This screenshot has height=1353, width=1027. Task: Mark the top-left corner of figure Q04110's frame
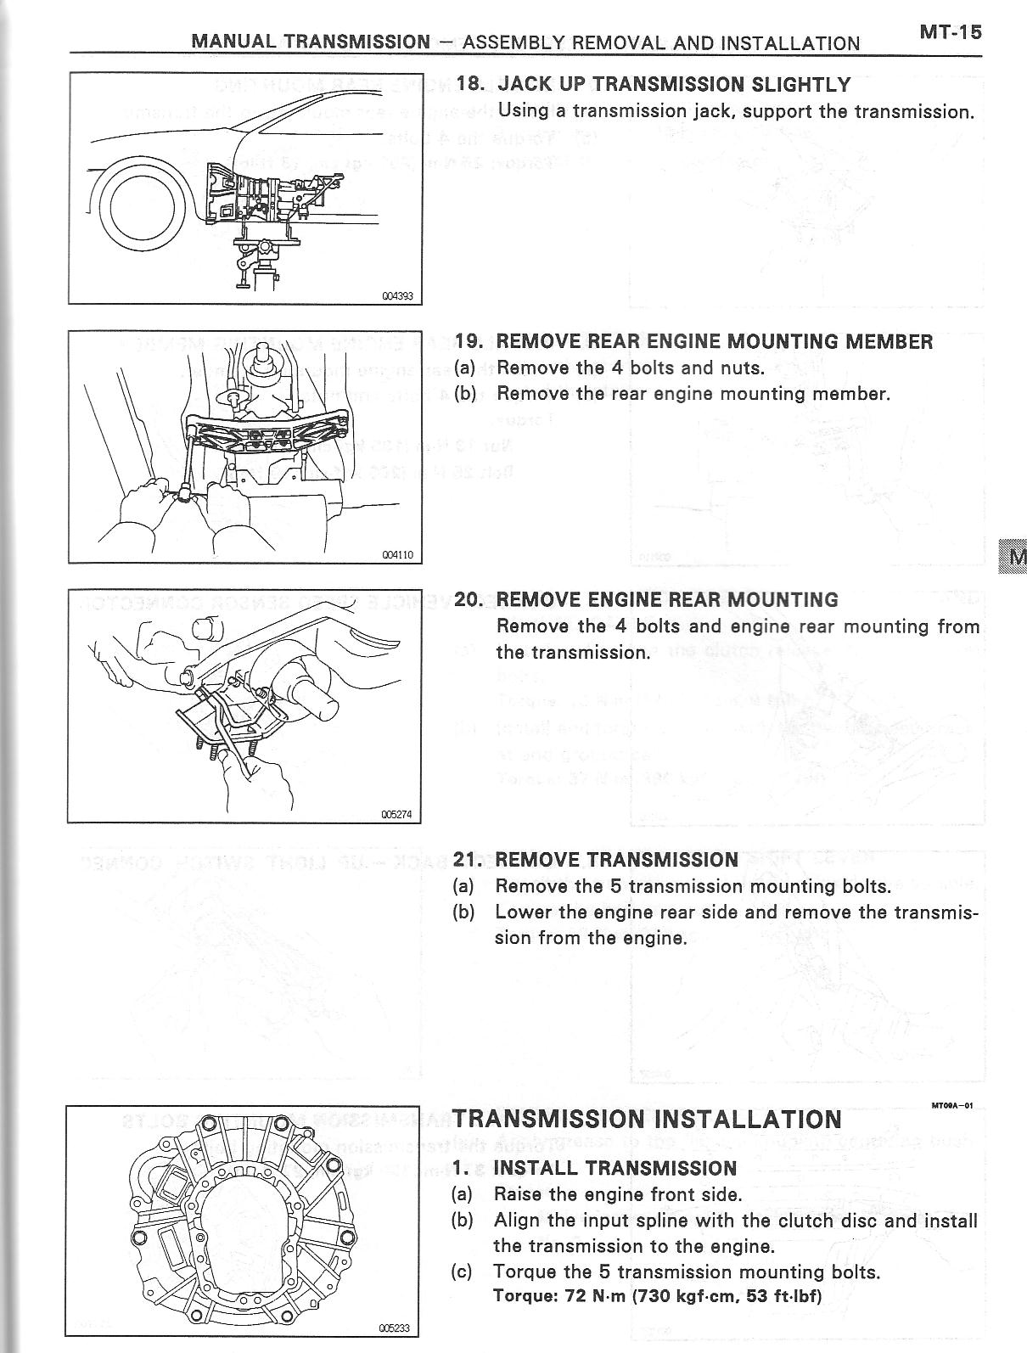(69, 331)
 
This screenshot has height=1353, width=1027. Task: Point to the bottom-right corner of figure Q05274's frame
(421, 822)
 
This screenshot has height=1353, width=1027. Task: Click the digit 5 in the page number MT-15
(974, 32)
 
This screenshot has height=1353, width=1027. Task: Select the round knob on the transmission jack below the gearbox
(266, 248)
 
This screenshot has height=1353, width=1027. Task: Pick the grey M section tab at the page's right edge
(1013, 557)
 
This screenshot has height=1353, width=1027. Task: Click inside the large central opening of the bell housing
(246, 1227)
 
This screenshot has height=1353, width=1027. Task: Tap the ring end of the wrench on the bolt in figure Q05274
(184, 676)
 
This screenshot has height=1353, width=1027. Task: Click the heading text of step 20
(667, 600)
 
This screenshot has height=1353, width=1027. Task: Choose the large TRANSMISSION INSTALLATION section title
(647, 1119)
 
